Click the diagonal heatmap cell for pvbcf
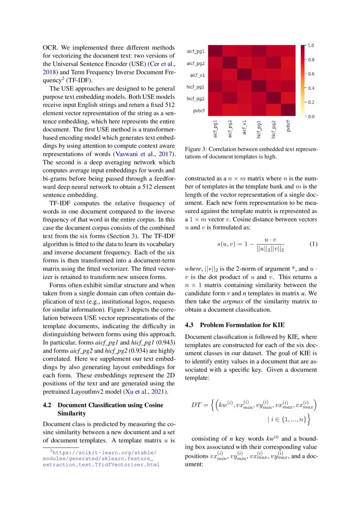(x=288, y=111)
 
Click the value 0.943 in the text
(x=165, y=342)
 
